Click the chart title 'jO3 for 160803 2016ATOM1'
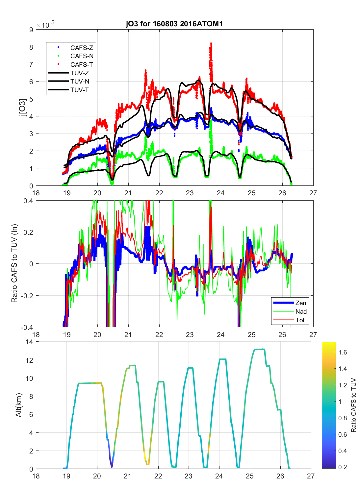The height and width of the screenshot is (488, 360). point(174,24)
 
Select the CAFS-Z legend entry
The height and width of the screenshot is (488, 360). point(82,48)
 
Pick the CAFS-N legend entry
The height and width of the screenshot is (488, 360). point(82,56)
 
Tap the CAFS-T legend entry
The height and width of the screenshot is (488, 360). point(82,65)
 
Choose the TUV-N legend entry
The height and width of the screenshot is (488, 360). point(80,82)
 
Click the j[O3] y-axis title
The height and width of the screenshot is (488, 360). point(22,108)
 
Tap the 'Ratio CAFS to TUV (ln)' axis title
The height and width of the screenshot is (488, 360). point(14,263)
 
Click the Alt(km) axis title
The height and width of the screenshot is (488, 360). point(18,405)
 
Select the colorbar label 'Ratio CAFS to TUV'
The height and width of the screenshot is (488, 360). point(353,405)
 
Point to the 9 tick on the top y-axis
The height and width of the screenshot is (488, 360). point(31,30)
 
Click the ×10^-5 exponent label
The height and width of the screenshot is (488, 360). point(45,25)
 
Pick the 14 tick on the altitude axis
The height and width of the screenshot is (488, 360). point(29,342)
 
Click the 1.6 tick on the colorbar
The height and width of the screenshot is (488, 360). point(343,353)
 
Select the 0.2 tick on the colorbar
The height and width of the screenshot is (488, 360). point(343,467)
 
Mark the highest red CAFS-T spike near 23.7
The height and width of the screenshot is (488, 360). point(211,43)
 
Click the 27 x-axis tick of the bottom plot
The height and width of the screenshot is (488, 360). point(311,476)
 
